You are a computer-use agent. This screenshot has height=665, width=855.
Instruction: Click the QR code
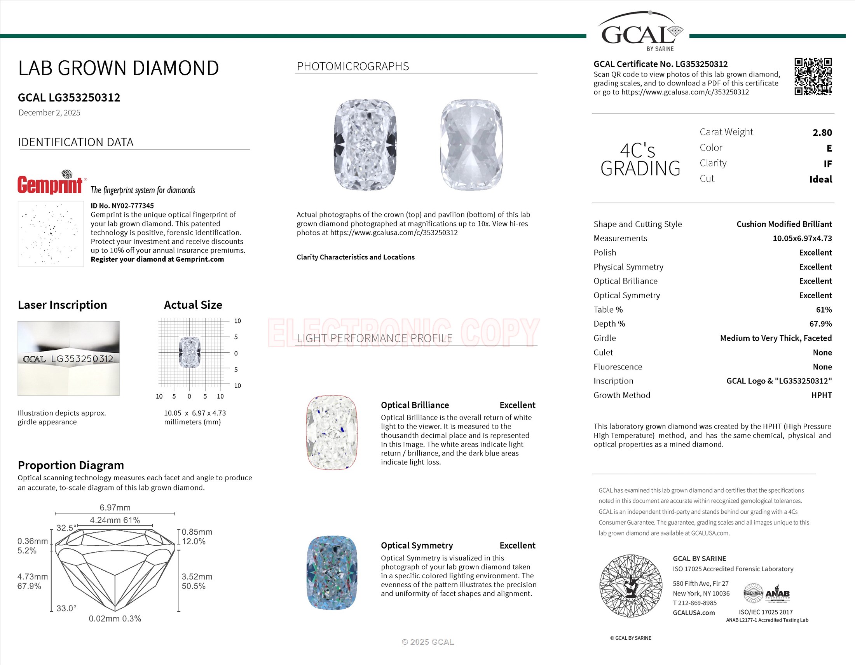click(813, 76)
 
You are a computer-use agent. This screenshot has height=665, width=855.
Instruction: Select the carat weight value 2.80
click(822, 133)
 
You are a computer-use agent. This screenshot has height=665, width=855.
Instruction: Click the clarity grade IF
click(827, 164)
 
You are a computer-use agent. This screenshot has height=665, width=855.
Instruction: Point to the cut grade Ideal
click(820, 179)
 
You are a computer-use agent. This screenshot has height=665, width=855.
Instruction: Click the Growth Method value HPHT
click(821, 395)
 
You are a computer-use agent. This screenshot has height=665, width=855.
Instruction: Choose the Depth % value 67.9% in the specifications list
click(820, 324)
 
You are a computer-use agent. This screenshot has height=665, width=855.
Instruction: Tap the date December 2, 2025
click(49, 113)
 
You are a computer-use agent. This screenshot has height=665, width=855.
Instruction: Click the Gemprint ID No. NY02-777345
click(122, 206)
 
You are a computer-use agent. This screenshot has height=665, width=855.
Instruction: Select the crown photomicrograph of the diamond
click(365, 145)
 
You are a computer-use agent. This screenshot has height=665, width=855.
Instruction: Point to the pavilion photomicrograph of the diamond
click(471, 145)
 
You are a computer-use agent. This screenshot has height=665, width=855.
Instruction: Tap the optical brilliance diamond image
click(332, 432)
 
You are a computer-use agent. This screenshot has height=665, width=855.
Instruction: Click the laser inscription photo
click(68, 358)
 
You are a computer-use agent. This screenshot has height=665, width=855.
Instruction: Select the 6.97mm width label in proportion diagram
click(115, 507)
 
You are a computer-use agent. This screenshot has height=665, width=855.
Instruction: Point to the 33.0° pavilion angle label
click(66, 608)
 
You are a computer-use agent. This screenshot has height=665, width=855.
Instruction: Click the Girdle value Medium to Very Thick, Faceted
click(776, 338)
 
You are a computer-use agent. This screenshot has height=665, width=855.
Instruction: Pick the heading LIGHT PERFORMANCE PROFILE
click(375, 338)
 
